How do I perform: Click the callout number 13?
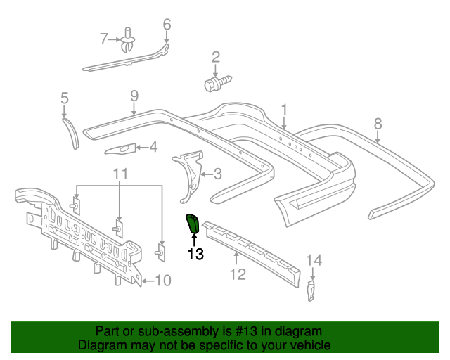coord(195,254)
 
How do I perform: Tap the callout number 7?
coord(104,39)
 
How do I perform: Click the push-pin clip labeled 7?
coord(127,41)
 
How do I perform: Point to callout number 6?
coord(167,25)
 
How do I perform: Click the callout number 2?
coord(216,57)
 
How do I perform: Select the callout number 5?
coord(64,98)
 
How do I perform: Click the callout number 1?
coord(285,109)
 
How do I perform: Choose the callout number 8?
coord(378,123)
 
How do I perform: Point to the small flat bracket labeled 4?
coord(120,148)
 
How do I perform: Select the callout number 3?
coord(217,173)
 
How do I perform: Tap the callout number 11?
coord(120,173)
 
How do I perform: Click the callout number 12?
coord(238,274)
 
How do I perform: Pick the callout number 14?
coord(314,261)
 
